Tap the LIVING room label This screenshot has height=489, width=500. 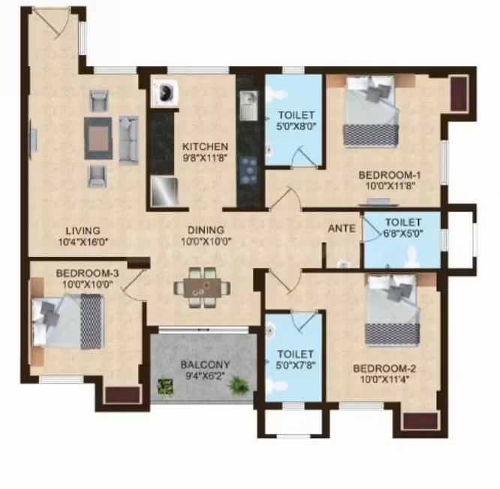click(x=83, y=231)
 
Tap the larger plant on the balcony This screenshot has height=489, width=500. click(x=239, y=386)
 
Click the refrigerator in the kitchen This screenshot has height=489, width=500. click(x=164, y=192)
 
